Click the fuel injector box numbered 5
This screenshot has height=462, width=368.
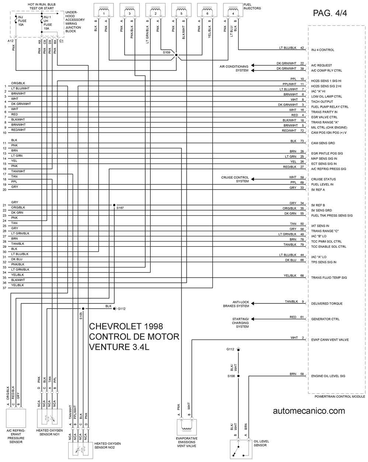pos(181,10)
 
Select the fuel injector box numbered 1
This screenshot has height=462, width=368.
pos(104,10)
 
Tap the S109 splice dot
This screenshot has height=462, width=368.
pos(176,55)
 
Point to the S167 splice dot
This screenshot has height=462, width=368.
pos(114,205)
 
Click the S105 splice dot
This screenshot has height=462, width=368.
pos(83,309)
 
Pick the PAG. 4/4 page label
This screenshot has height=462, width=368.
pos(330,13)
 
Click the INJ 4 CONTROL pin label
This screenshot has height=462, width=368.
pos(323,50)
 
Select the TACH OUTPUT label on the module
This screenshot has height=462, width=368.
pos(322,101)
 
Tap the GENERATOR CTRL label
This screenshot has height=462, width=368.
pos(325,319)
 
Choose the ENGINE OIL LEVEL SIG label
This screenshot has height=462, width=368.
pos(328,376)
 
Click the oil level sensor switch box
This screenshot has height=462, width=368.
pos(241,449)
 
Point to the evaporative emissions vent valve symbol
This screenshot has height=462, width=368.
pos(187,427)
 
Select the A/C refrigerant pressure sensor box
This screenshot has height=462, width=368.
pos(16,418)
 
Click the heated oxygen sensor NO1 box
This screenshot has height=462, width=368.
pos(50,418)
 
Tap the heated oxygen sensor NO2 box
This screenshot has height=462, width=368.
pos(81,449)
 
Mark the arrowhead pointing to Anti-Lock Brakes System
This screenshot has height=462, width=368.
pos(253,303)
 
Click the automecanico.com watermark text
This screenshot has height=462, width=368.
pos(309,411)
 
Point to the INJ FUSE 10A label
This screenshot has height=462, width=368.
pos(22,21)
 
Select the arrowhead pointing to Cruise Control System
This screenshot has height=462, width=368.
pos(253,179)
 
